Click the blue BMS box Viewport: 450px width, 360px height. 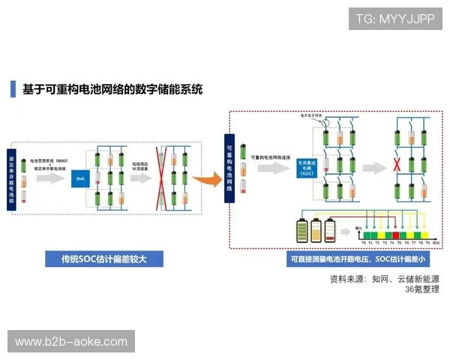click(79, 178)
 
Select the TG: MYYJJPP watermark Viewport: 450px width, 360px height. click(395, 18)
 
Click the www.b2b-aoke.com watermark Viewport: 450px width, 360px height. click(71, 342)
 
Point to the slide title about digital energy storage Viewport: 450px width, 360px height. click(112, 89)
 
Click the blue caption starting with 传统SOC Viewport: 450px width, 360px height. click(103, 259)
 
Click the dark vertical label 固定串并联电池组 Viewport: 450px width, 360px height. click(12, 180)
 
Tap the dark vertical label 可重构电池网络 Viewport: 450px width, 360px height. click(229, 168)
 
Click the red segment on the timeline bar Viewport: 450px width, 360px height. click(396, 235)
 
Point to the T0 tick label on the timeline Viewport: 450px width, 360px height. click(364, 243)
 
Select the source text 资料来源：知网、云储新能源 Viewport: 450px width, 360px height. click(384, 278)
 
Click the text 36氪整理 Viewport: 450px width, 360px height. click(421, 289)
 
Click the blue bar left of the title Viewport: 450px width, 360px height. click(13, 89)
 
